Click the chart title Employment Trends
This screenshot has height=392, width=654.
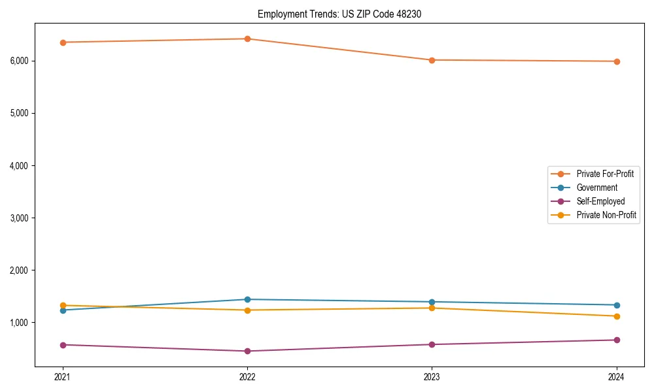339,14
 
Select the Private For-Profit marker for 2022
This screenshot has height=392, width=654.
247,39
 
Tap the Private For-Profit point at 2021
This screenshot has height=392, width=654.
63,42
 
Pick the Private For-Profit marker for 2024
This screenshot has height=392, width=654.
617,61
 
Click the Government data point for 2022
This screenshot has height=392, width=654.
247,299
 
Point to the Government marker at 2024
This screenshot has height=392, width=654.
617,305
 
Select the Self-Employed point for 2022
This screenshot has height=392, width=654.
247,351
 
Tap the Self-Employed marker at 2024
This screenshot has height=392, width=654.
617,340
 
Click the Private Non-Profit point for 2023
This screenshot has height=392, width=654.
432,308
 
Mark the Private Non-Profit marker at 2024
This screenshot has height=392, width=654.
617,316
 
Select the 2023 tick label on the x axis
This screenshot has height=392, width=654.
432,377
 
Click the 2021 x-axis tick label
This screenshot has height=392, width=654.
63,377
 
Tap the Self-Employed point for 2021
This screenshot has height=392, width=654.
63,345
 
